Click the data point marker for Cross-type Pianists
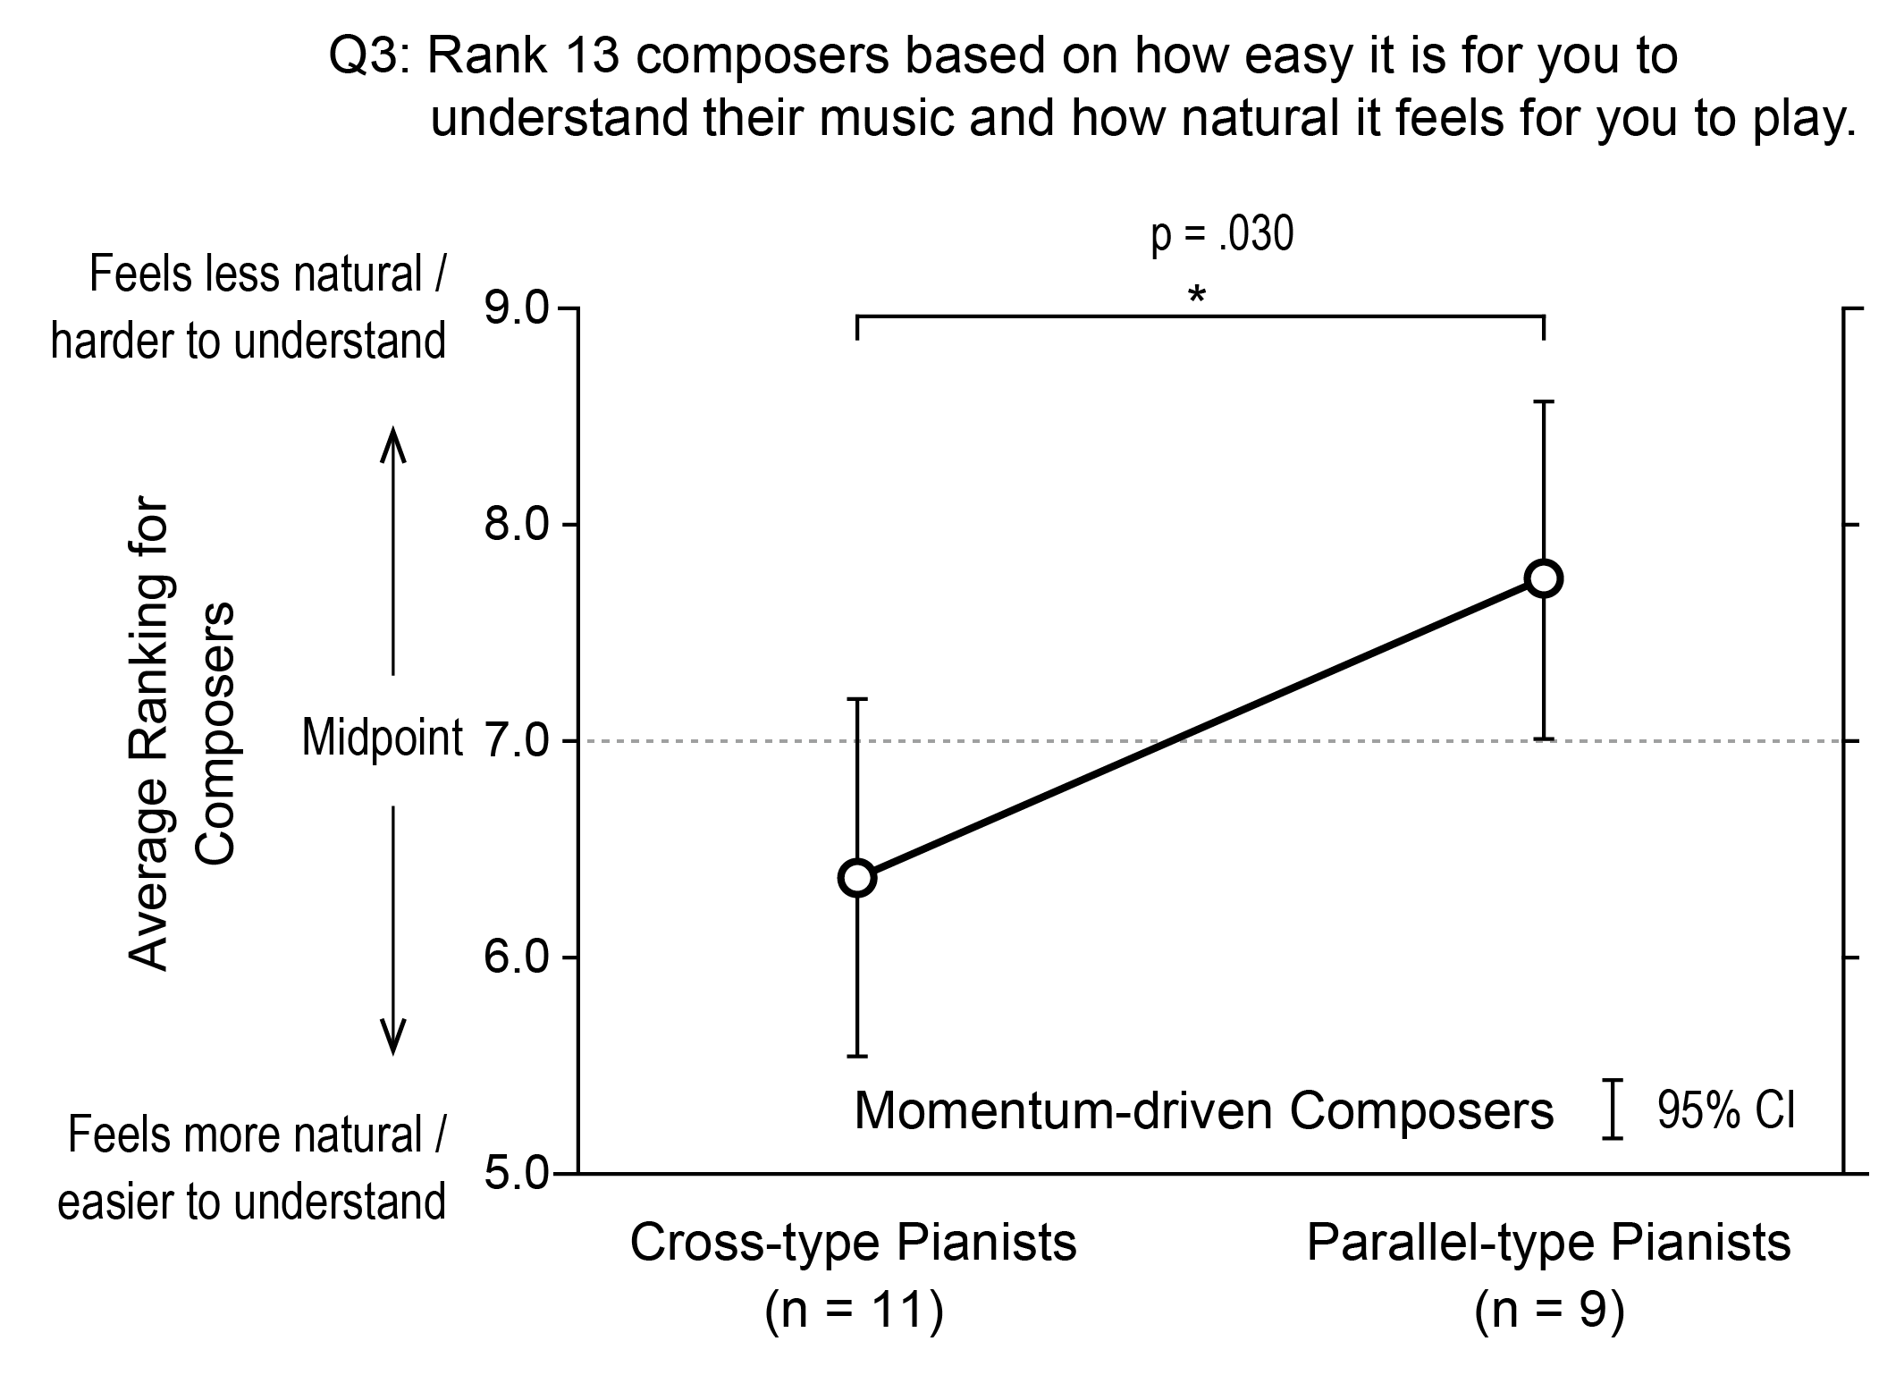(x=857, y=878)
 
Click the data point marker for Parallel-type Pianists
(x=1544, y=578)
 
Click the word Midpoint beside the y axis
(x=382, y=738)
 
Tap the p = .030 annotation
(x=1222, y=235)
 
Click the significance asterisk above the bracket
(x=1196, y=296)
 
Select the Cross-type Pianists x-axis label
(x=854, y=1243)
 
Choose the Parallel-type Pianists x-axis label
(x=1549, y=1243)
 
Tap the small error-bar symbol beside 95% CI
(x=1612, y=1109)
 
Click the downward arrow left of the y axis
(x=393, y=930)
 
